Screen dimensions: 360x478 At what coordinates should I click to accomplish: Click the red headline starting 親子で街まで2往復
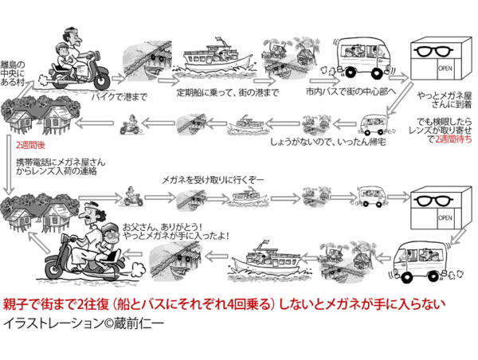pos(230,305)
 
